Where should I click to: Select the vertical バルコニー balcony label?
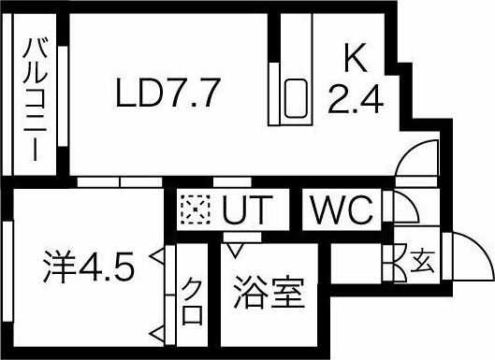click(x=35, y=98)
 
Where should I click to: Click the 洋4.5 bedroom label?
click(x=90, y=268)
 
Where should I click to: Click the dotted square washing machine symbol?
click(x=196, y=210)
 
